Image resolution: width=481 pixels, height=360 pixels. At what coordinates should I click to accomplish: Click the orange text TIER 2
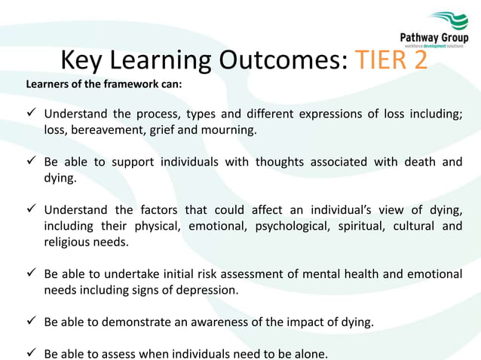pyautogui.click(x=390, y=59)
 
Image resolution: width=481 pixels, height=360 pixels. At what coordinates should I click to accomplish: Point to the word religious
pyautogui.click(x=67, y=242)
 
